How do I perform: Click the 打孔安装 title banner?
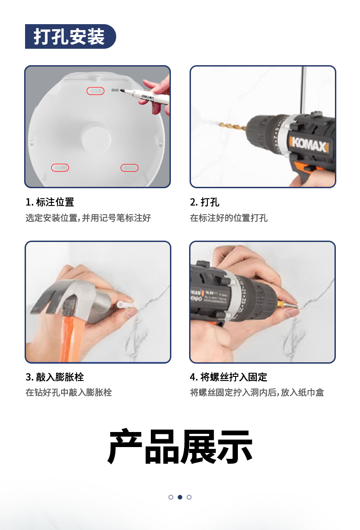[70, 36]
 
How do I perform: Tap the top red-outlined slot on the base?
[95, 91]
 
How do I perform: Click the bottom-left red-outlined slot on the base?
[60, 168]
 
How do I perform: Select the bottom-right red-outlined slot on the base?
[129, 168]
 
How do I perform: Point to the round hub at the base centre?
[96, 138]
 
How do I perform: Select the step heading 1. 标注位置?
[50, 202]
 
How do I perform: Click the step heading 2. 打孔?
[205, 202]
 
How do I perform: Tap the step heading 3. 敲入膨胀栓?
[55, 377]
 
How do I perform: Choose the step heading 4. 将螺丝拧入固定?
[228, 377]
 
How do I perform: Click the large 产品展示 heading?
[180, 447]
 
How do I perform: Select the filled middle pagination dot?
[180, 497]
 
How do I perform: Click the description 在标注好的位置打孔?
[229, 218]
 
